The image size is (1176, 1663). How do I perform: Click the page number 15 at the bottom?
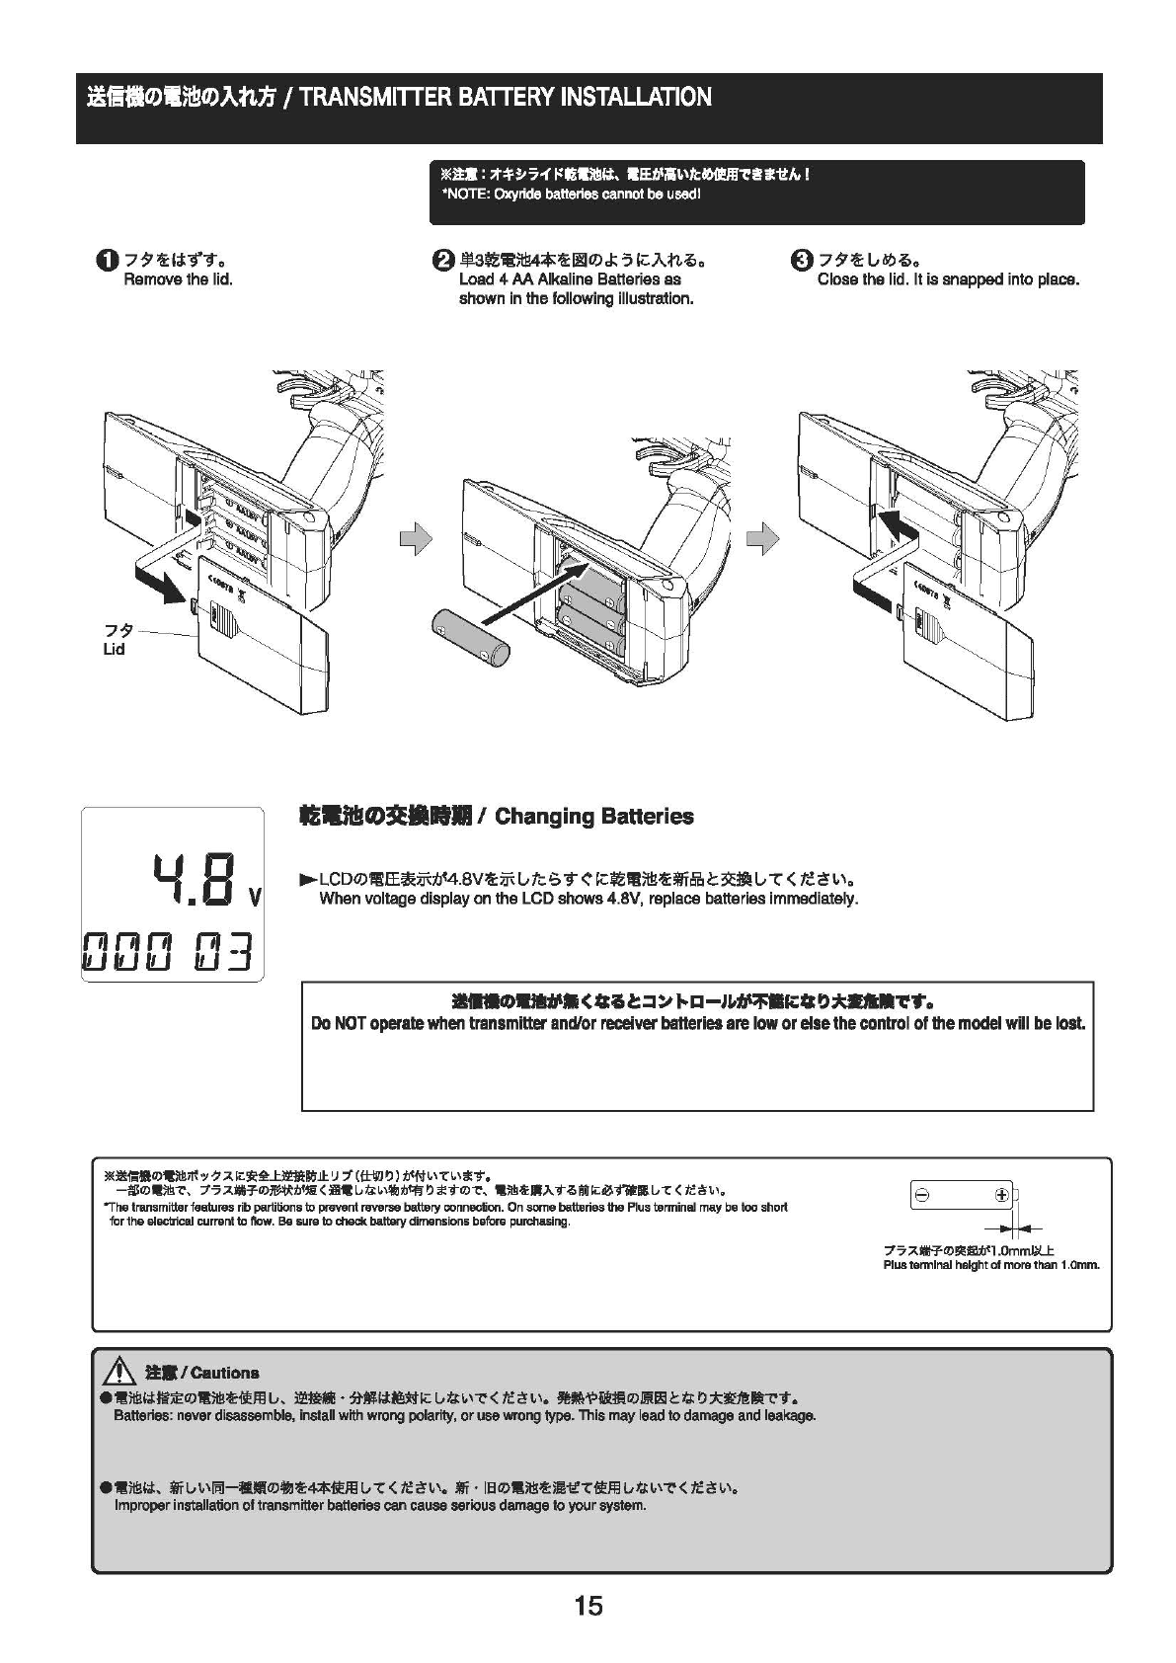coord(588,1606)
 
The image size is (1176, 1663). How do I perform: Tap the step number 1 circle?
coord(106,261)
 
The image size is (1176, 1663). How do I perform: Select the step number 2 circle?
coord(442,261)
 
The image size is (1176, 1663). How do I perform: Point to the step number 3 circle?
coord(801,261)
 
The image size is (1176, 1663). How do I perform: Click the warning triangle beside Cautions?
coord(121,1371)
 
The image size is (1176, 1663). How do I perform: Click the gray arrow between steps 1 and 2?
coord(416,538)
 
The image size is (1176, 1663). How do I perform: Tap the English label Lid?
coord(114,650)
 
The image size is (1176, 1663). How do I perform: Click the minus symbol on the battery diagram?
coord(921,1196)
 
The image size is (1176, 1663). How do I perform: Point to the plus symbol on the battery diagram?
coord(1002,1196)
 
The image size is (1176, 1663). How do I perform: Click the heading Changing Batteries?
coord(593,817)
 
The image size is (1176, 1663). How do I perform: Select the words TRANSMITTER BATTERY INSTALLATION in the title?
coord(505,98)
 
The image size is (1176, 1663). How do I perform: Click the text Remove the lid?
coord(178,279)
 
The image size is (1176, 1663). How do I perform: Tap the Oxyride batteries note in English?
coord(571,194)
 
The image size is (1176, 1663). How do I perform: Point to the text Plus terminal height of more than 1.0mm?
coord(990,1265)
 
